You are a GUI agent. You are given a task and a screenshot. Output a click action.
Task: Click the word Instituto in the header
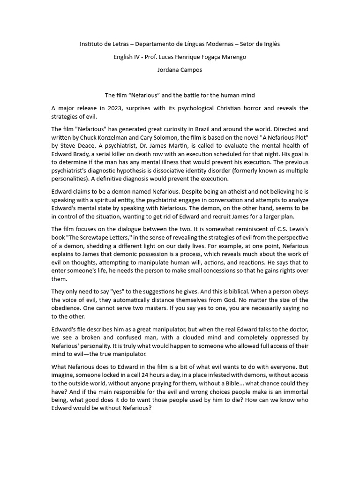point(92,44)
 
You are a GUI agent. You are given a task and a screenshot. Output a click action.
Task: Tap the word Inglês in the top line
point(269,44)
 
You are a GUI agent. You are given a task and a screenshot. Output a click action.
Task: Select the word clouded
point(191,337)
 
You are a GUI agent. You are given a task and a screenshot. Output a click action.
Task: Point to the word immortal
point(295,392)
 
